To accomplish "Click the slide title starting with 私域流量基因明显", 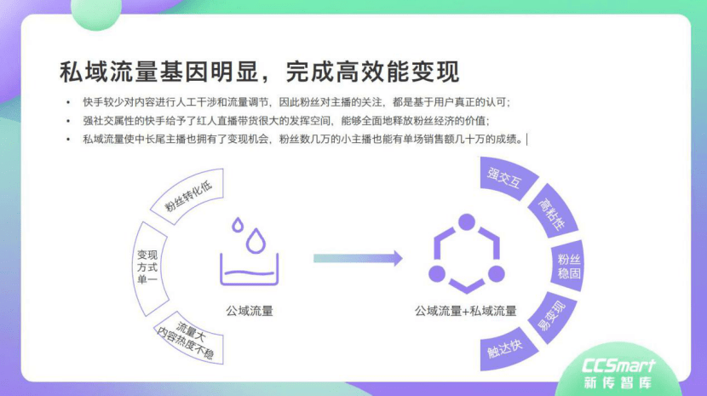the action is pos(259,72).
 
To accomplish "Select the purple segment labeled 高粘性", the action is pos(553,211).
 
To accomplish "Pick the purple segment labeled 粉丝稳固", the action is pos(567,266).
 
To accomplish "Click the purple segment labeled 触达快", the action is pos(506,348).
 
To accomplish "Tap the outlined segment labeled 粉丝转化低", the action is pos(187,196).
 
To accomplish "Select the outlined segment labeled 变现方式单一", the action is pos(149,267).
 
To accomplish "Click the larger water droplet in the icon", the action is pos(256,241).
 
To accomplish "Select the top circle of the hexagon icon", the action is pos(467,222).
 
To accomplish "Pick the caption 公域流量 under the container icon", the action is pos(250,311).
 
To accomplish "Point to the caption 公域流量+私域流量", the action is pos(466,311).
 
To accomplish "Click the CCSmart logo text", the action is pos(618,365).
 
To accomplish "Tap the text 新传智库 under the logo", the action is pos(618,382).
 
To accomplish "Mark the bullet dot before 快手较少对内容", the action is pos(68,102).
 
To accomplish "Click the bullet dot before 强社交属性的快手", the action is pos(68,121).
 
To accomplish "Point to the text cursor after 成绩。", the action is pos(526,140).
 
